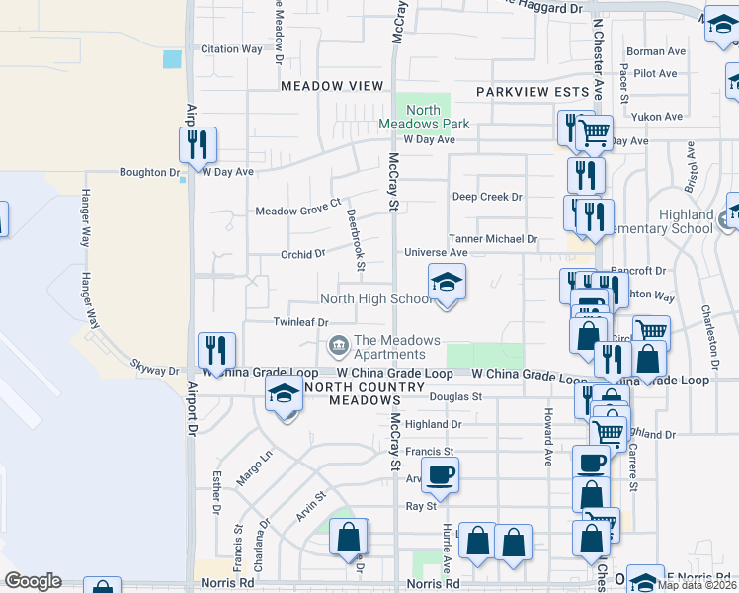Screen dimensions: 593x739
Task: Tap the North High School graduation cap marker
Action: click(446, 283)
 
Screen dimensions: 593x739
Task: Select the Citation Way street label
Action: click(232, 48)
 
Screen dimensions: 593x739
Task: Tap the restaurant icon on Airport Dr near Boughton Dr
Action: click(197, 145)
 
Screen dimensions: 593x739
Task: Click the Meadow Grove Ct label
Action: click(298, 212)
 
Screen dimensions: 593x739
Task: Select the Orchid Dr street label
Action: click(302, 254)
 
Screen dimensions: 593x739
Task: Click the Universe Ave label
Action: click(436, 253)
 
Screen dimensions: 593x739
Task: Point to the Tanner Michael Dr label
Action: click(493, 239)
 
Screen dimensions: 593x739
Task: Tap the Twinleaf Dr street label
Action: click(300, 322)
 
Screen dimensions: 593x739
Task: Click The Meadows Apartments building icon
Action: click(337, 345)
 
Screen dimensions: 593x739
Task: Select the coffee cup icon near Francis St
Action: click(440, 474)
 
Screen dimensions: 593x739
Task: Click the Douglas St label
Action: click(455, 396)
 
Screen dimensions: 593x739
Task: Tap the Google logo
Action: click(33, 581)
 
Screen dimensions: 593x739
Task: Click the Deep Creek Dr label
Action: click(487, 197)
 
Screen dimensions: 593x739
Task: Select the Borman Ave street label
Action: click(656, 51)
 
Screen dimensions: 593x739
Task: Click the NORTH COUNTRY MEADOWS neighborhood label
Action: click(352, 393)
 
